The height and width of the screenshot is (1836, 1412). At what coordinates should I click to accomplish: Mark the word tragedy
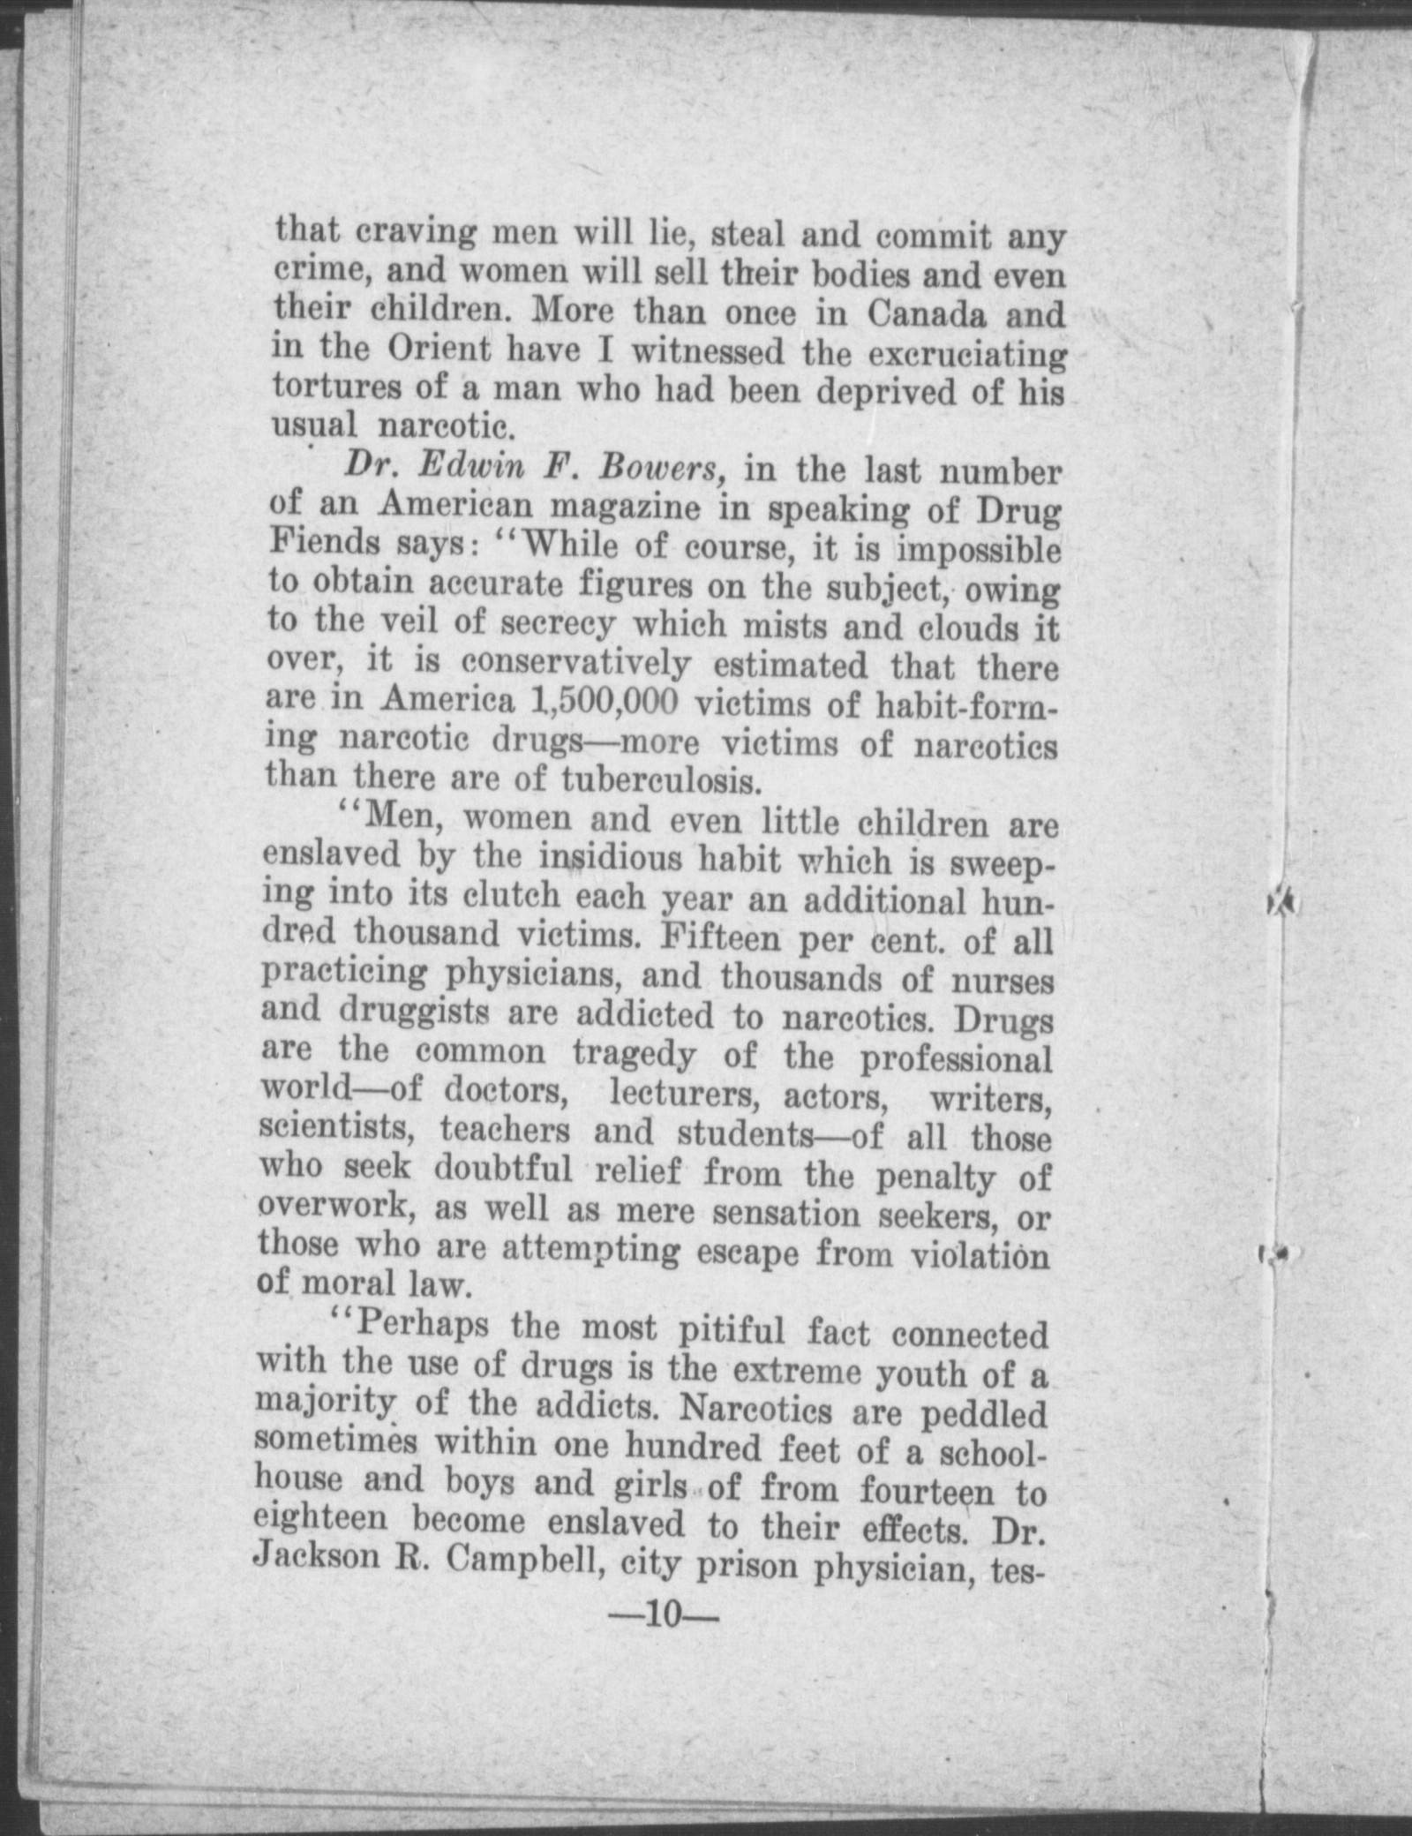click(634, 1054)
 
